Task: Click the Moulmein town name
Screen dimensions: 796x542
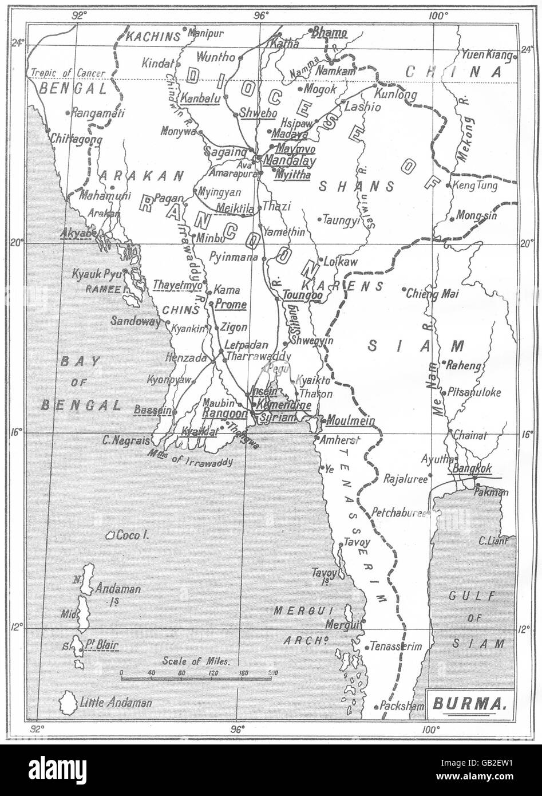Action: [x=351, y=421]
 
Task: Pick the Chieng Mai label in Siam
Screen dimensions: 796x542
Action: [x=433, y=294]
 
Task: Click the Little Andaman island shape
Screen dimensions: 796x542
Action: [x=69, y=702]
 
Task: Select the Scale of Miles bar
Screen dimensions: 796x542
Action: [x=196, y=679]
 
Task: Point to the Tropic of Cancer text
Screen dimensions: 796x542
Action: [x=68, y=73]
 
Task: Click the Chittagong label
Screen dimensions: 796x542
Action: [x=76, y=139]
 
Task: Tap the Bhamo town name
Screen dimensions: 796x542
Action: [x=329, y=33]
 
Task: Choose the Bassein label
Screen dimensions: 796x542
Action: [x=152, y=410]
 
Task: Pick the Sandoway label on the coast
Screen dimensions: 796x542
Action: [x=136, y=322]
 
